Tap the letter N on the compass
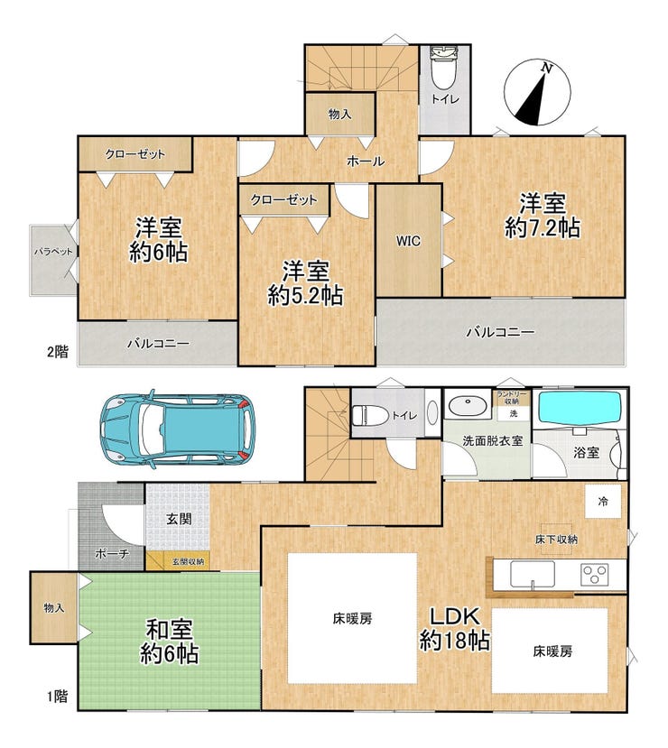[547, 69]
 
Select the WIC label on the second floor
[408, 241]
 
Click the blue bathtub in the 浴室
[580, 407]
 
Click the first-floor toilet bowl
[370, 414]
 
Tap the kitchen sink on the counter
[533, 574]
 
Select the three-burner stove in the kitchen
[595, 575]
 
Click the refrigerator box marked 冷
[603, 502]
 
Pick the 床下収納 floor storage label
[556, 540]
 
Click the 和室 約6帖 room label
[170, 642]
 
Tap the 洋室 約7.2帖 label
[543, 216]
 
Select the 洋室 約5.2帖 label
[305, 283]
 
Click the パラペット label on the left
[53, 252]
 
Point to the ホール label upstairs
[366, 162]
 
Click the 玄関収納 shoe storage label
[188, 561]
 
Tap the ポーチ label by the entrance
[112, 554]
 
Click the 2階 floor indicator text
[57, 352]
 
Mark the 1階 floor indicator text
[57, 697]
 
